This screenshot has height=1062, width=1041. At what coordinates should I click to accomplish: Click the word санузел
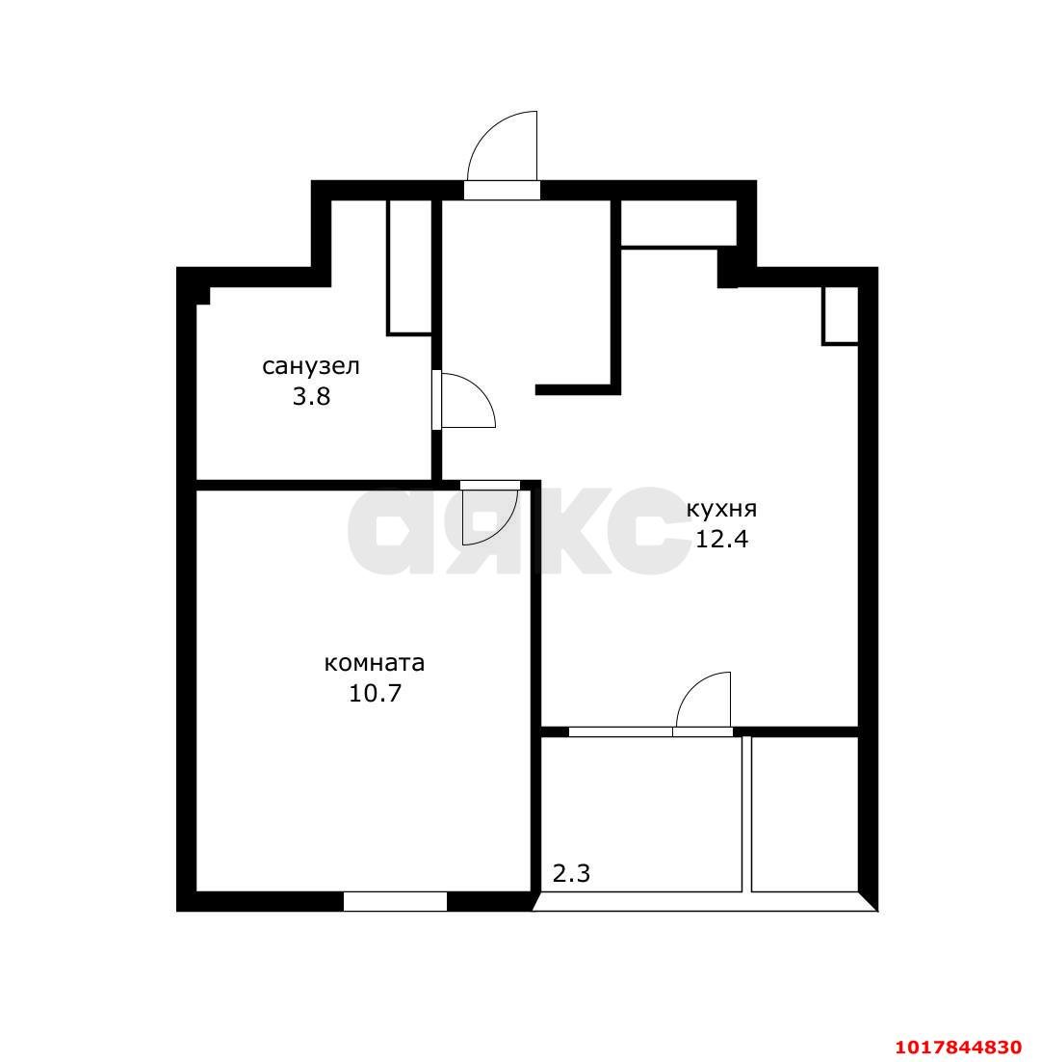click(x=311, y=367)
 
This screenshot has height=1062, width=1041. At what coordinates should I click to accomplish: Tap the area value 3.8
click(x=311, y=396)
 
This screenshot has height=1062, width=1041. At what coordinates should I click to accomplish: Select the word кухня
click(x=721, y=510)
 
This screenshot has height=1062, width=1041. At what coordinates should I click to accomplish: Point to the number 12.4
click(x=721, y=539)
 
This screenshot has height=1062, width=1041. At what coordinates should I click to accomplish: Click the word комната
click(x=375, y=662)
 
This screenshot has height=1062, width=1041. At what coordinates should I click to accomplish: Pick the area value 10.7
click(x=375, y=693)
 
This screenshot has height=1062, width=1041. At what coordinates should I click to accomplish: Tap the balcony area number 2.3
click(x=571, y=874)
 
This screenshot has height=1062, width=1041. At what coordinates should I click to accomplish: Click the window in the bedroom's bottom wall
click(x=395, y=901)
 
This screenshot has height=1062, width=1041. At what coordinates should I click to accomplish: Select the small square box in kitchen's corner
click(x=840, y=316)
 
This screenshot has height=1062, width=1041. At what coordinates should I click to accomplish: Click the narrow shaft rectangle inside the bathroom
click(x=409, y=268)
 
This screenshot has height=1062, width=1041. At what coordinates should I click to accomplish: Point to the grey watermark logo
click(x=518, y=530)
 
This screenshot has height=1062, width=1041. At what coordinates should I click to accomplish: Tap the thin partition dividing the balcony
click(x=747, y=813)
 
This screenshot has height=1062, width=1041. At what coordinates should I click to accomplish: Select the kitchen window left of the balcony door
click(x=621, y=731)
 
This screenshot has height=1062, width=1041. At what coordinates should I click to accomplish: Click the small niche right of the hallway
click(x=678, y=223)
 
